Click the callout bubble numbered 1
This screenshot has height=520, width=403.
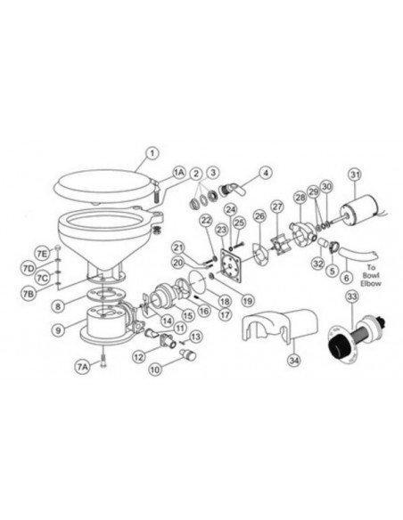[152, 153]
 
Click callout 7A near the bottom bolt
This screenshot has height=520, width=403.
[82, 366]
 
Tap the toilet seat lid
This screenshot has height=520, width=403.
[103, 183]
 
